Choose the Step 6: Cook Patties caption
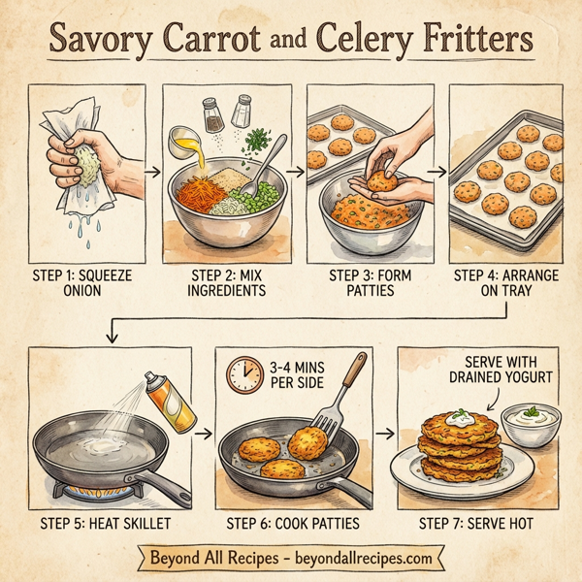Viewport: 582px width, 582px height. pyautogui.click(x=293, y=524)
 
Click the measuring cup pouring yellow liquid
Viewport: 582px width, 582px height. pyautogui.click(x=182, y=143)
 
